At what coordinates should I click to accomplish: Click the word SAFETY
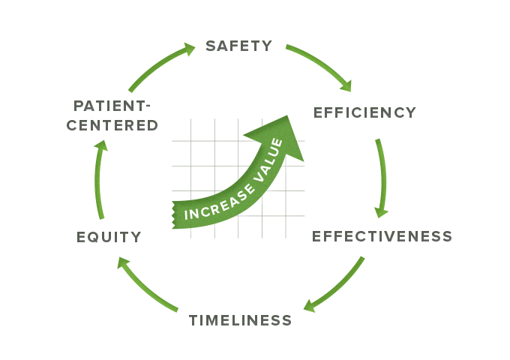click(238, 46)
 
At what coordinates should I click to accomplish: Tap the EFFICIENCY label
click(364, 113)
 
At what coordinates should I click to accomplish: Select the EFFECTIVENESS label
click(382, 237)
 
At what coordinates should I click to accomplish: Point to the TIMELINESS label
click(240, 320)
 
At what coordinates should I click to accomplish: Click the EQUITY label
click(109, 238)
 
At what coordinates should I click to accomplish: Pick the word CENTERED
click(112, 125)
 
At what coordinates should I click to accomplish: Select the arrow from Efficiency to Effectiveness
click(383, 176)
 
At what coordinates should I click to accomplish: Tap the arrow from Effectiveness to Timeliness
click(337, 289)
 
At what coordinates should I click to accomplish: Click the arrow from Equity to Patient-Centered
click(99, 180)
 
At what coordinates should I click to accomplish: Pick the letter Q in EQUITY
click(94, 238)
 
